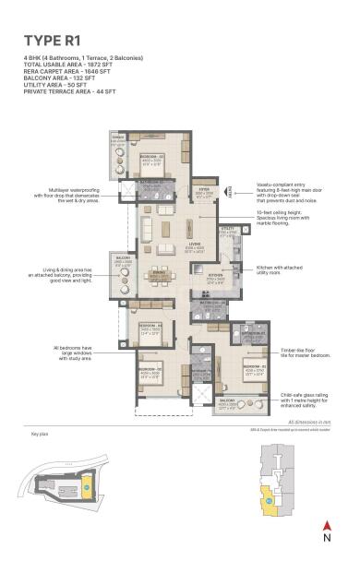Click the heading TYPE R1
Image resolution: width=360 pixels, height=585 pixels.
pyautogui.click(x=53, y=40)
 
